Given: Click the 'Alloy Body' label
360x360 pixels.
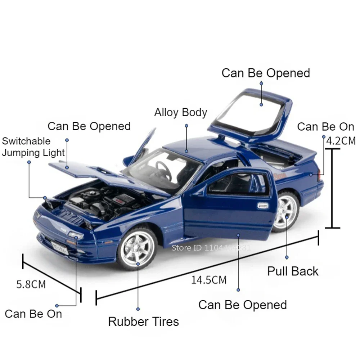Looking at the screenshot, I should pos(181,113).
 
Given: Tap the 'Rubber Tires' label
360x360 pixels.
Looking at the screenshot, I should pos(143,321).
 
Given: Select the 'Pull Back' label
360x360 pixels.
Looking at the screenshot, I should pos(293,271).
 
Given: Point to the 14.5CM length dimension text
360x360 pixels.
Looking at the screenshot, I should pos(209,280).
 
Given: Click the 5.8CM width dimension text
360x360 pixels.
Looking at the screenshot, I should pos(31,284).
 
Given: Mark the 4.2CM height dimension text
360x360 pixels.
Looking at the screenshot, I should pos(341,141).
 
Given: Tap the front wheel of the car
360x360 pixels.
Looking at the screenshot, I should pos(137,248).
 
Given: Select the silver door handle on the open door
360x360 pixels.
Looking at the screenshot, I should pos(263,206).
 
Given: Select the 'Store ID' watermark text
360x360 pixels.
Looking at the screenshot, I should pos(211,247).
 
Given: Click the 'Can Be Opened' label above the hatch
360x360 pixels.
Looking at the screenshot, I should pos(266,73).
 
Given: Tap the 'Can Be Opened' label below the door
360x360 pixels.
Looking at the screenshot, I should pos(243,305).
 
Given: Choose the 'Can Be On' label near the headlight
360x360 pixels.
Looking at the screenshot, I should pos(33,314).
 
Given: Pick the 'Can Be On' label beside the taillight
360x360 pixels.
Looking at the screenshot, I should pos(326,127).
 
